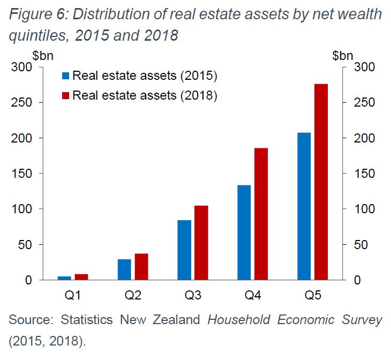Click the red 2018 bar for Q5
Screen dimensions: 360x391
[x=320, y=182]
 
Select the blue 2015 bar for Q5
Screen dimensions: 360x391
[x=304, y=206]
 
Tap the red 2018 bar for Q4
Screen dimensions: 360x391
[x=261, y=214]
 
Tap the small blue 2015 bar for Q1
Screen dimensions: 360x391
[x=64, y=278]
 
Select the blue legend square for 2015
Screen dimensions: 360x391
[x=66, y=76]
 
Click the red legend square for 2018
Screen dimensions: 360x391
[x=66, y=95]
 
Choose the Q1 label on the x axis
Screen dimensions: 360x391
[x=73, y=294]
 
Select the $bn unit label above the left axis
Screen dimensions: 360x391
[x=42, y=55]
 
